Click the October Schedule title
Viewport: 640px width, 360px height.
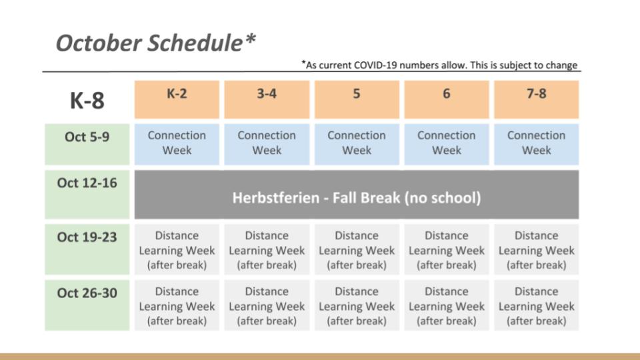[155, 43]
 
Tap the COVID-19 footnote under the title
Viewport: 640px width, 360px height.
[439, 65]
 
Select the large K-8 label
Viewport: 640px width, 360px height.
[87, 101]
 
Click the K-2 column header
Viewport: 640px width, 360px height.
[177, 99]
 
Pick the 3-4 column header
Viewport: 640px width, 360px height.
[267, 99]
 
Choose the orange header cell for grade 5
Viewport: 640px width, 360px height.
[357, 99]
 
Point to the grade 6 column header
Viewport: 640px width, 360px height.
[447, 99]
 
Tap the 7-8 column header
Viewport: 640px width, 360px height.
[536, 99]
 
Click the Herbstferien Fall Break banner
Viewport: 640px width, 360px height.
[357, 195]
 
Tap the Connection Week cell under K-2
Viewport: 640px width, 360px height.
[177, 145]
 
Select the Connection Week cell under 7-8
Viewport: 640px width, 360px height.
[536, 145]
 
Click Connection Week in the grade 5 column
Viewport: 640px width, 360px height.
[357, 145]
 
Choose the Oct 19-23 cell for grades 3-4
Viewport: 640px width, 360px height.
[267, 249]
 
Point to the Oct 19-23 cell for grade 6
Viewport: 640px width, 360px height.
[447, 249]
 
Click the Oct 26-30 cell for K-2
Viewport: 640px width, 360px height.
[177, 305]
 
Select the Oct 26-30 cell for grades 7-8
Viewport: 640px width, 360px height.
[536, 305]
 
